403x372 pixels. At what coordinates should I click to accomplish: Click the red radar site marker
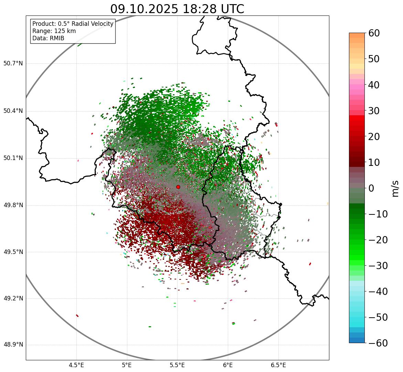pos(178,187)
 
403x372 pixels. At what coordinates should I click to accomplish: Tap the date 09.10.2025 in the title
pos(144,9)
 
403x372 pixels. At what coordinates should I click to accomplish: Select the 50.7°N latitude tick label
pos(13,63)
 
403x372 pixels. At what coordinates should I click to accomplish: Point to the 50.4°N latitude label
pos(13,111)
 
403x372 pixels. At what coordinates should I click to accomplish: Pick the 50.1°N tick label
pos(13,158)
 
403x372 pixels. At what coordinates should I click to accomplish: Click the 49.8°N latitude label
pos(13,205)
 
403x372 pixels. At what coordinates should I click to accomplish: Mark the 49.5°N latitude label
pos(13,252)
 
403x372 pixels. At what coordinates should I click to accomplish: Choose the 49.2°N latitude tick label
pos(13,298)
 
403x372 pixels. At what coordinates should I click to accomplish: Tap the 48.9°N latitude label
pos(13,345)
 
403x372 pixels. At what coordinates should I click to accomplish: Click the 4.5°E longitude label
pos(76,365)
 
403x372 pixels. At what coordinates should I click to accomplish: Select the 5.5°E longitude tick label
pos(177,365)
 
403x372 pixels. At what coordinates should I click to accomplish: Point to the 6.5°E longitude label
pos(278,365)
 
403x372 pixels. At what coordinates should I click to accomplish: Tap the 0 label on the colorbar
pos(371,188)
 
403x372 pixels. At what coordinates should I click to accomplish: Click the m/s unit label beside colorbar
pos(395,188)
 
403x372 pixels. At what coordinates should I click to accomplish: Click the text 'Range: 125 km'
pos(54,31)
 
